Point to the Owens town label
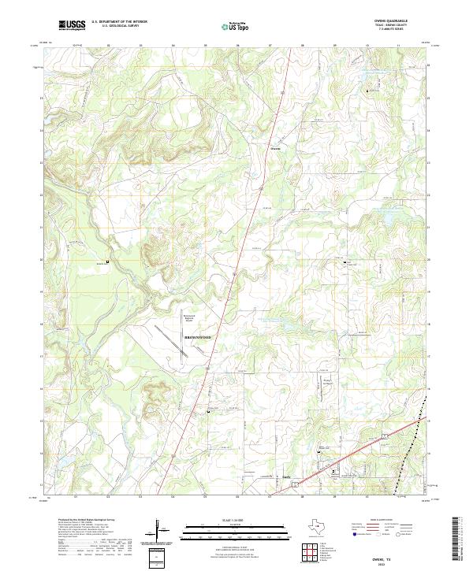tap(275, 146)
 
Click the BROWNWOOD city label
tap(198, 336)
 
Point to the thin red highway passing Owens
tap(260, 181)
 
